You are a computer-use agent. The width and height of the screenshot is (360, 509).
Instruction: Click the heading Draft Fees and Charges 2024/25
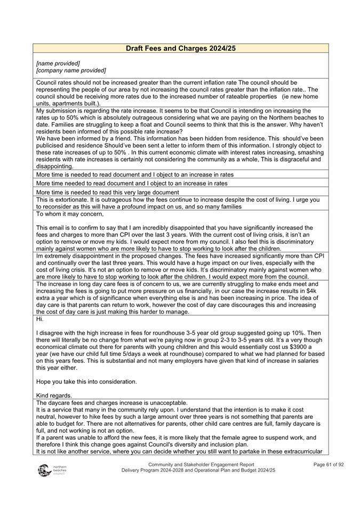click(180, 49)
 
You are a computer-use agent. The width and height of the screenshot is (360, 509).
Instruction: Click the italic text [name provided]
click(58, 63)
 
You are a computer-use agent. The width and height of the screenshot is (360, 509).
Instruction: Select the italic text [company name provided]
click(70, 70)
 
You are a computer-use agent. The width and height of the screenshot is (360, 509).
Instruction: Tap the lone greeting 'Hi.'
click(40, 319)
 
